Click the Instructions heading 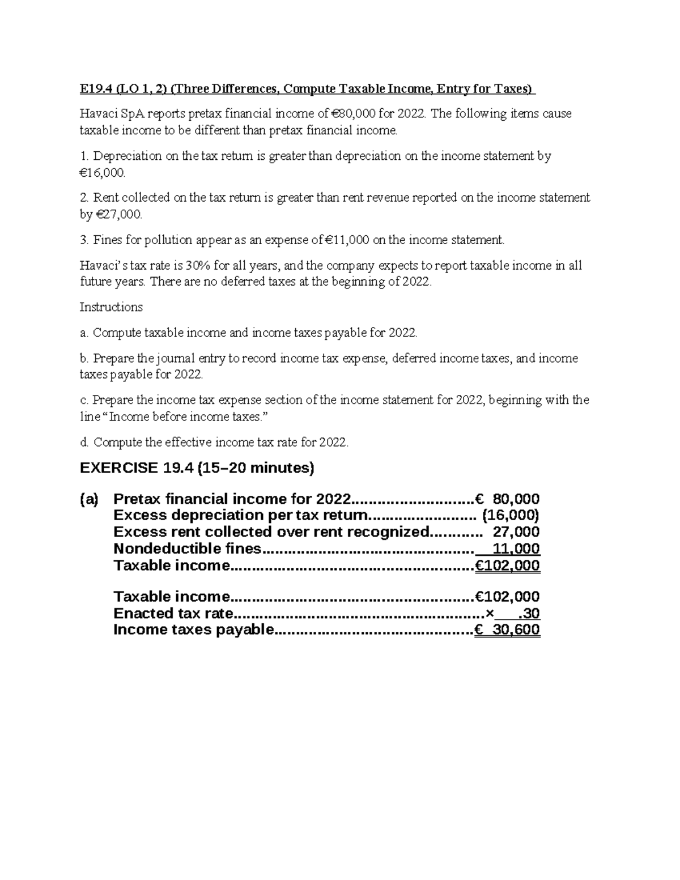coord(111,307)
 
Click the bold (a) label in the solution coord(89,499)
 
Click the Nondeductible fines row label coord(187,549)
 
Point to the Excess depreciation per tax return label coord(240,516)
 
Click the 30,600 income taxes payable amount coord(516,630)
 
